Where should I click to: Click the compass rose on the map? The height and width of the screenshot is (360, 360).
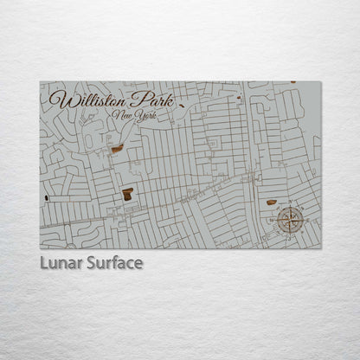tap(290, 220)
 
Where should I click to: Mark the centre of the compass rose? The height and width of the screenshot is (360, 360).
tap(290, 220)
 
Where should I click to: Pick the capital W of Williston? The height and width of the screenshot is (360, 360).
tap(57, 99)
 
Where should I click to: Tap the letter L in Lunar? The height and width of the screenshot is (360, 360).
tap(43, 262)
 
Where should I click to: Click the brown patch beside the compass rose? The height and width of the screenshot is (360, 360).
tap(271, 202)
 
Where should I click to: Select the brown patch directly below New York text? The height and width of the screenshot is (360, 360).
tap(117, 149)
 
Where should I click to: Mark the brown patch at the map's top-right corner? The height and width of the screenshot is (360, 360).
tap(292, 82)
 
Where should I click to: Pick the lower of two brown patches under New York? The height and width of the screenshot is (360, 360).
tap(128, 194)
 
